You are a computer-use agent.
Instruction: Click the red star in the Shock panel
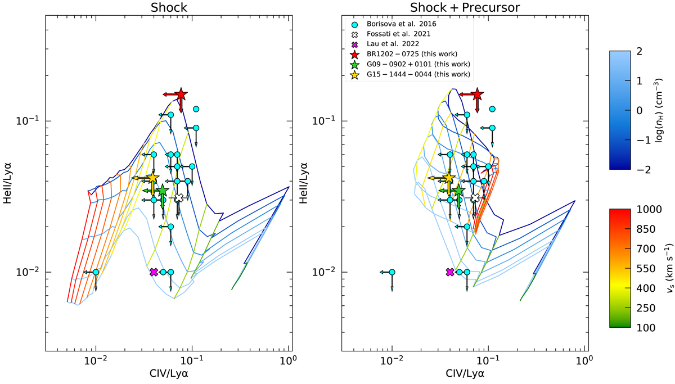(181, 94)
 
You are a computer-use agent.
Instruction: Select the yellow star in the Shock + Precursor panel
(448, 178)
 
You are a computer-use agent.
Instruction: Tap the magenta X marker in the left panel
(154, 272)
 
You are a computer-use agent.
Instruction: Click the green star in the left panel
(162, 191)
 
